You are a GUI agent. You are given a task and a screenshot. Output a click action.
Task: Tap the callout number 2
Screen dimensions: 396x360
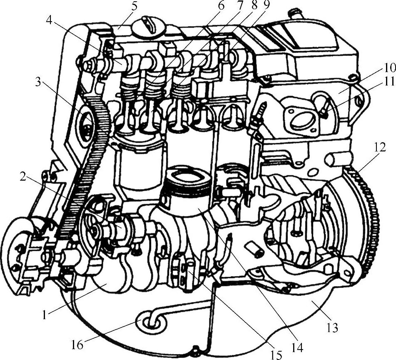[23, 177]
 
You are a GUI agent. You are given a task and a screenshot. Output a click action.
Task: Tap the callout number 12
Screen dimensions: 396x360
[380, 147]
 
